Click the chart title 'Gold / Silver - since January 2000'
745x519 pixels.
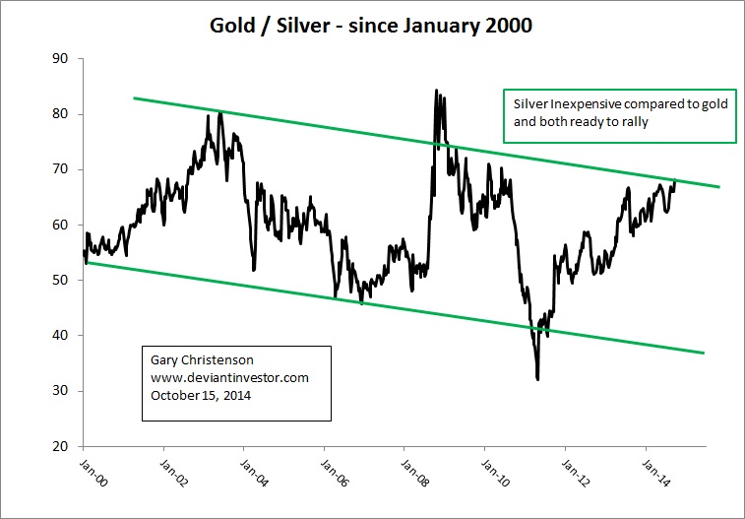coord(371,26)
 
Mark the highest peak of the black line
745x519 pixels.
coord(436,91)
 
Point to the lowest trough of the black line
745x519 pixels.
coord(537,379)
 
